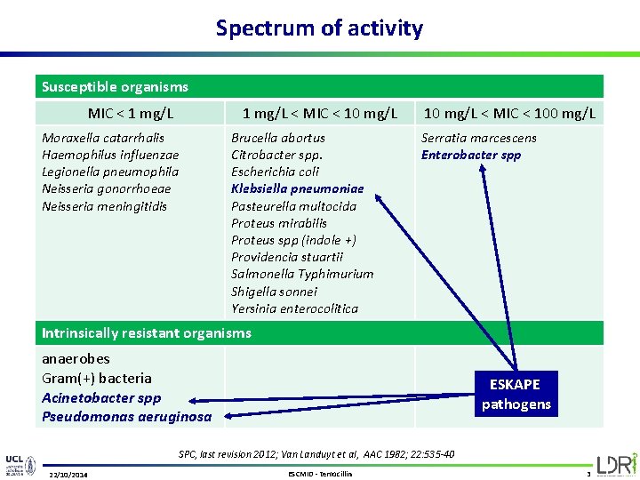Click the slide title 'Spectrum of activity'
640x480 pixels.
coord(319,28)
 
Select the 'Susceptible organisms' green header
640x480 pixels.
coord(116,87)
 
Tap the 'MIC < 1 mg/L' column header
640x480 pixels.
coord(131,113)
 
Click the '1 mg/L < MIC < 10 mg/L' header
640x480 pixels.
coord(320,113)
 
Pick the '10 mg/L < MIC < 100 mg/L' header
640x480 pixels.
coord(509,113)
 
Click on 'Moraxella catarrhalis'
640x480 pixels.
coord(103,138)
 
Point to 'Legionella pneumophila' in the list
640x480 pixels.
coord(110,172)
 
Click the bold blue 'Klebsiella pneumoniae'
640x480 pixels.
coord(297,188)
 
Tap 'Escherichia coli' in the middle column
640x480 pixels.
coord(275,172)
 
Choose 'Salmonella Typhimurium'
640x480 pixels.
coord(302,274)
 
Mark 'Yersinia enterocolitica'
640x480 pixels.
coord(294,308)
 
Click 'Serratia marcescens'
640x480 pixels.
coord(478,138)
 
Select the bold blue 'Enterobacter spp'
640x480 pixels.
coord(471,155)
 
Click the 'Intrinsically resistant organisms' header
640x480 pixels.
coord(147,333)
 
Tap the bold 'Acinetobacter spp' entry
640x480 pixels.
coord(101,397)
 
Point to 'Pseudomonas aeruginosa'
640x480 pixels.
coord(127,416)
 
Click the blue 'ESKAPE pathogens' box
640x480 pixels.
coord(516,394)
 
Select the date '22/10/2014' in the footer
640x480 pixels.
coord(75,474)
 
